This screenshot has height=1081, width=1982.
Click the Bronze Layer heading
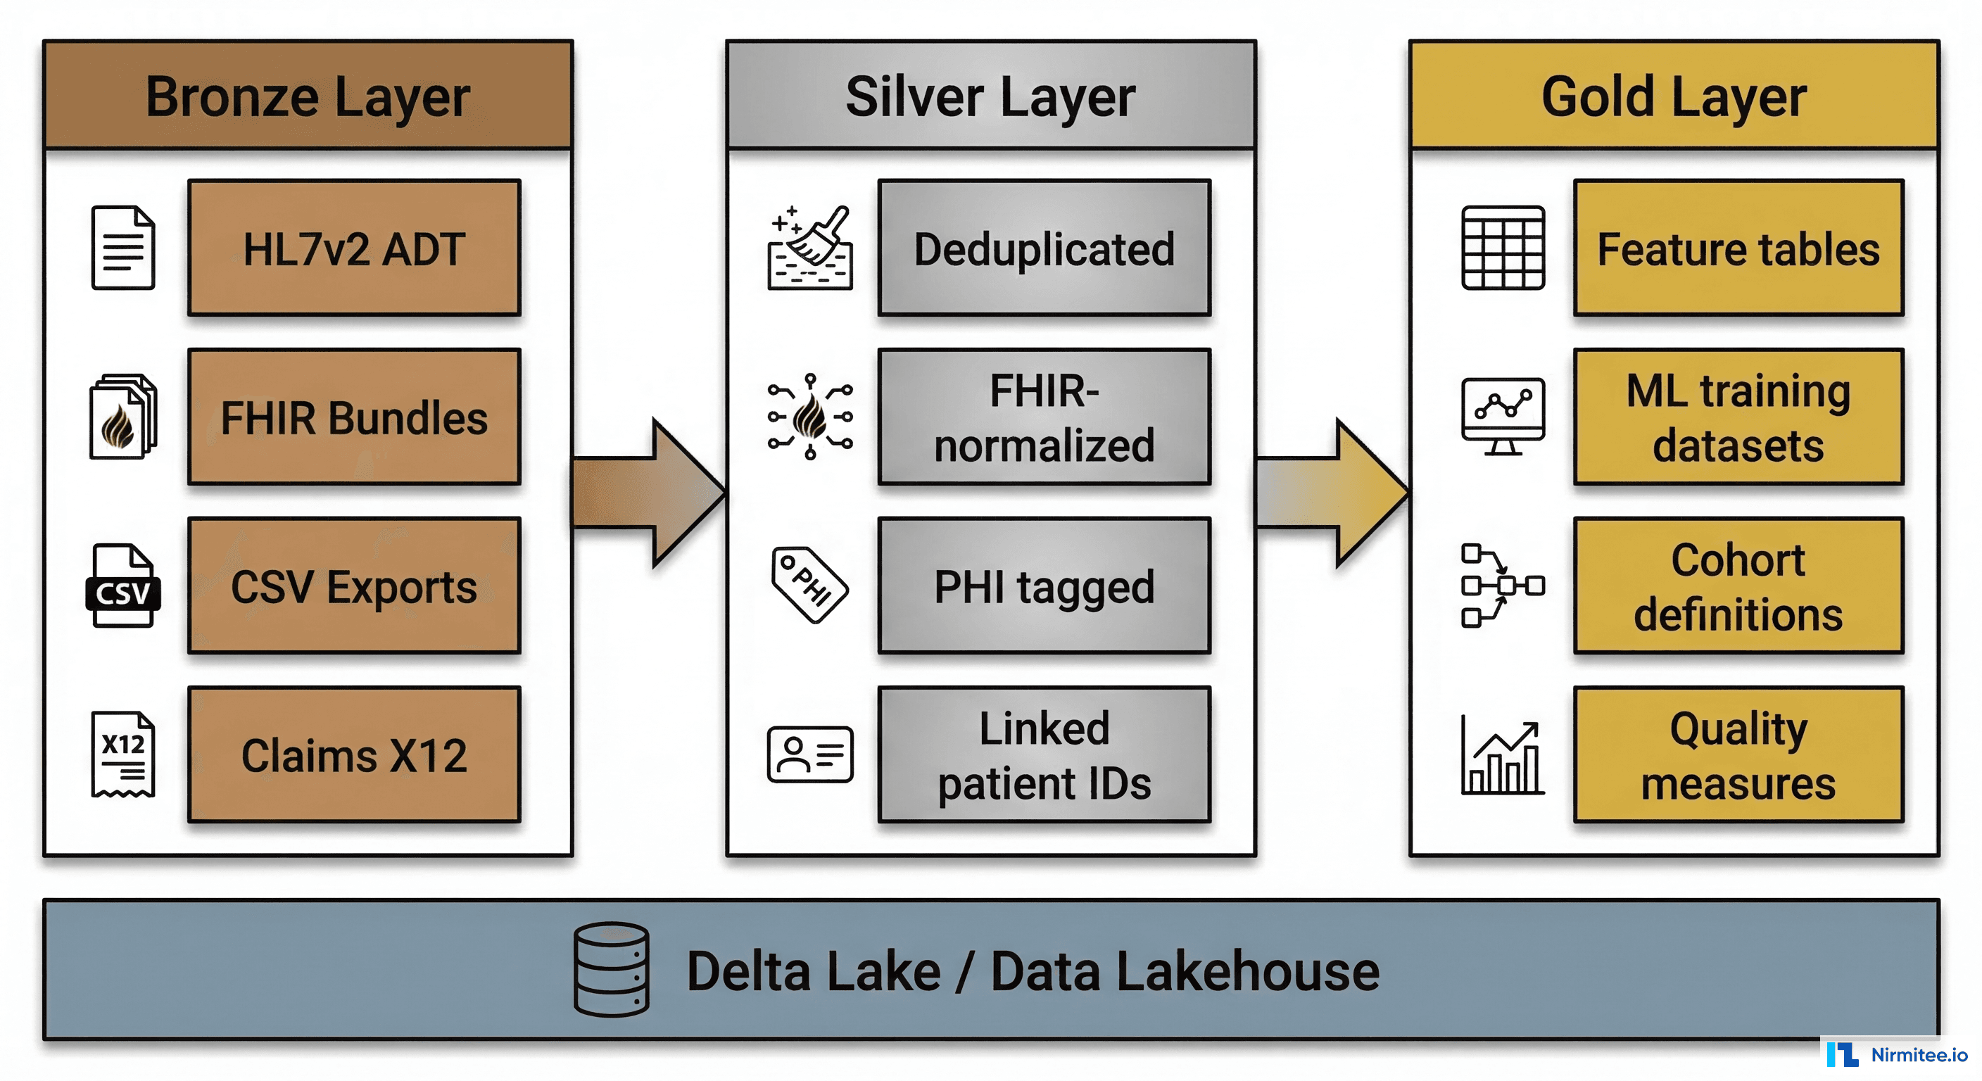coord(308,96)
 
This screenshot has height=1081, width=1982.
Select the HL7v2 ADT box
coord(354,248)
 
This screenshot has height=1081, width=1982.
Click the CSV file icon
coord(123,586)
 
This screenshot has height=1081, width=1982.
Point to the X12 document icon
coord(123,754)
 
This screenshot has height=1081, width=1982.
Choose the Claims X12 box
coord(354,754)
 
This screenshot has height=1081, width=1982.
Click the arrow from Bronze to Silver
coord(649,493)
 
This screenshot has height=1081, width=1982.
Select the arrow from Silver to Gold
coord(1332,493)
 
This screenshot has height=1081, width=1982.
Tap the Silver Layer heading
coord(990,96)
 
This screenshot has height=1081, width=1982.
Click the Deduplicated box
coord(1044,248)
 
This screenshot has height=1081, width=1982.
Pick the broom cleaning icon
coord(810,248)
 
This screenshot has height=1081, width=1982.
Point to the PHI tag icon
coord(809,585)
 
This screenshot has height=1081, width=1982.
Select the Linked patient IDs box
coord(1044,754)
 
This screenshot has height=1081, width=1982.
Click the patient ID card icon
coord(810,754)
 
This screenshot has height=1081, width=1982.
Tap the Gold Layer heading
coord(1674,96)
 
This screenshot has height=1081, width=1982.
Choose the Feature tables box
coord(1738,248)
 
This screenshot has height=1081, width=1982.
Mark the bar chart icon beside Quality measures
coord(1502,756)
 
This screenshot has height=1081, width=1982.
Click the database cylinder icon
coord(611,969)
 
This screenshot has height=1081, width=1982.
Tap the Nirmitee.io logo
coord(1897,1054)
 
